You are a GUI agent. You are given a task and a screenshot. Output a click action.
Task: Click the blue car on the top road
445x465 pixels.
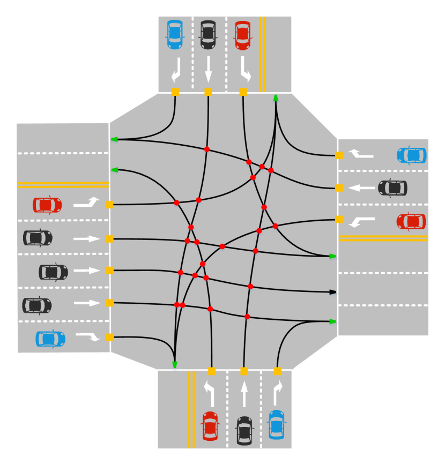pos(175,34)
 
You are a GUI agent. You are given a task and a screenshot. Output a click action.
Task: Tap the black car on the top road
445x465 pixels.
pos(208,35)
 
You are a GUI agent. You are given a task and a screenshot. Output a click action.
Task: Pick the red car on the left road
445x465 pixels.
pos(47,205)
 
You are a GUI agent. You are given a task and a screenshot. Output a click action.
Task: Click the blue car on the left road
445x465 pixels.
pos(50,339)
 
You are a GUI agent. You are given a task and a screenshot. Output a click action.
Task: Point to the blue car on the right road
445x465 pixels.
pos(411,155)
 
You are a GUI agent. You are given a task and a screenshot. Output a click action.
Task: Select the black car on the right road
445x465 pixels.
pos(392,188)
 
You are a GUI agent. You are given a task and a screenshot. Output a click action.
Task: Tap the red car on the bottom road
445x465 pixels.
pos(210,426)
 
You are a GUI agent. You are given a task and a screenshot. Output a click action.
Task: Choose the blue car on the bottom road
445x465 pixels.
pos(276,424)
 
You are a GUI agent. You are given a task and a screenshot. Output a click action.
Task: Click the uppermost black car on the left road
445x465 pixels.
pos(38,238)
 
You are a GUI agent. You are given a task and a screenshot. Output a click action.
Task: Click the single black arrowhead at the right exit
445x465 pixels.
pos(333,292)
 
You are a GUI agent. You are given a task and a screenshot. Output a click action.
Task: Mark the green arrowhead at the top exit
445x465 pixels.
pos(276,98)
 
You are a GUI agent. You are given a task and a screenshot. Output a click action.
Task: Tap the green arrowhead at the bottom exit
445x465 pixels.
pos(174,365)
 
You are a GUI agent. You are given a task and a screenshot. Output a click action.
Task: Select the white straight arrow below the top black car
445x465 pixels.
pos(208,70)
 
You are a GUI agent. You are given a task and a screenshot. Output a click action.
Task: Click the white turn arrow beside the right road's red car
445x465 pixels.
pos(361,221)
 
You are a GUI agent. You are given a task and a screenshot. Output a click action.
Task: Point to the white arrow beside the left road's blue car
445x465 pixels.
pos(88,336)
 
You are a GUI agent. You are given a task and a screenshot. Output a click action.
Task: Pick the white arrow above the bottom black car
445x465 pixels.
pos(244,394)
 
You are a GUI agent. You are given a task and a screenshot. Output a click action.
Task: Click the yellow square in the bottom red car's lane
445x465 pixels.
pos(211,371)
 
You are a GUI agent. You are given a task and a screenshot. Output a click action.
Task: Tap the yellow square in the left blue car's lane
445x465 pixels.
pos(109,337)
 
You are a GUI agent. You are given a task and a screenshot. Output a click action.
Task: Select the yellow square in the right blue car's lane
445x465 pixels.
pos(339,155)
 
